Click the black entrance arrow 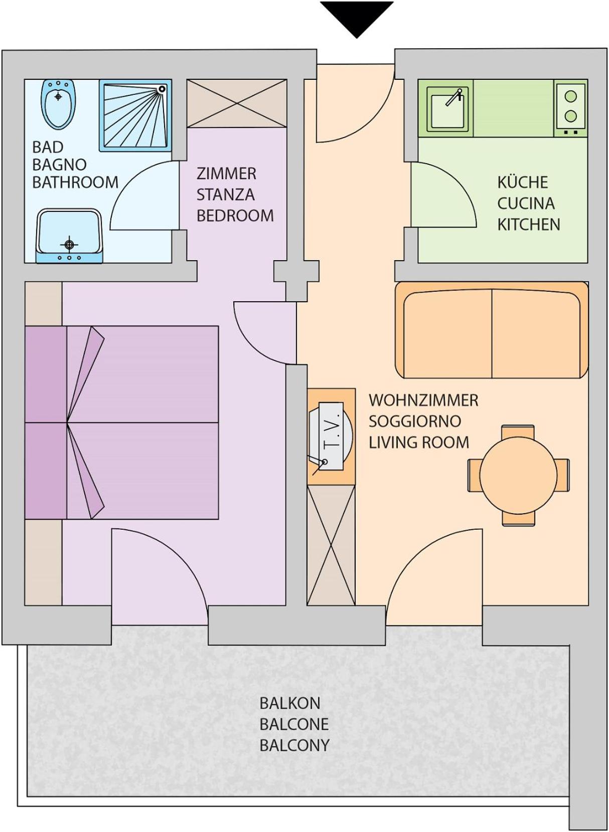tap(356, 19)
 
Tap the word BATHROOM tap(75, 182)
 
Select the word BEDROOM tap(235, 215)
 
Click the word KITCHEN tap(528, 224)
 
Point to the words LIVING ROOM tap(419, 442)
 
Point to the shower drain tap(162, 89)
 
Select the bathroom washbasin tap(69, 236)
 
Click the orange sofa tap(492, 330)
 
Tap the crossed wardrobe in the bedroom tap(236, 103)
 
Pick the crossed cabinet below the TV tap(331, 544)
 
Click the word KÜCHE tap(523, 182)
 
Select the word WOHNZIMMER tap(423, 400)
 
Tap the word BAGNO tap(59, 165)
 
